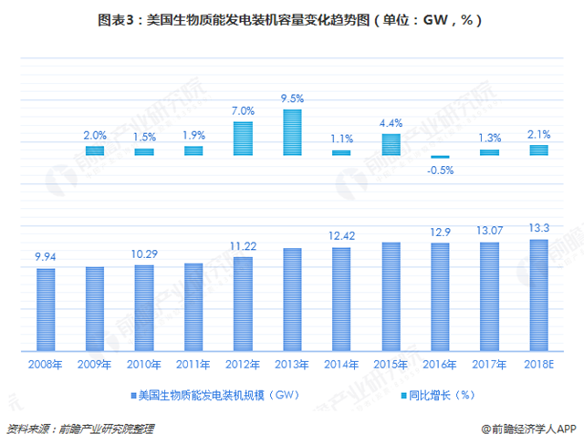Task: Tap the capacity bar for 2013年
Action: point(292,300)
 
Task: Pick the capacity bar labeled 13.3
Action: point(538,296)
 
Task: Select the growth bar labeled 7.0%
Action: point(243,139)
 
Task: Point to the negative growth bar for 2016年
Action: point(440,157)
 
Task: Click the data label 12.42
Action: point(341,237)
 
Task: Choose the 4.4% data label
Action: point(391,123)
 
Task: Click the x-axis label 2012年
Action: point(243,365)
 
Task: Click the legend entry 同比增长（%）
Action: point(437,396)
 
